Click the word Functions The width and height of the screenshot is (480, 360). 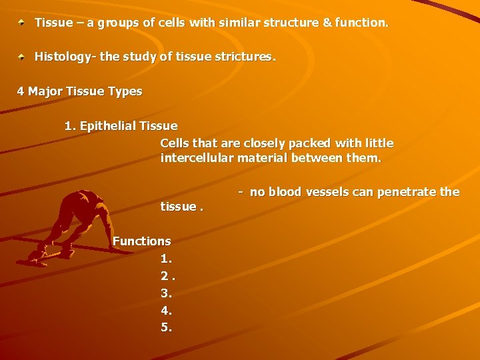142,241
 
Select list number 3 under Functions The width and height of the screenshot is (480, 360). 166,293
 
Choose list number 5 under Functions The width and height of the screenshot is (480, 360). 166,327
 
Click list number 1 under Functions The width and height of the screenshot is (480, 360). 166,258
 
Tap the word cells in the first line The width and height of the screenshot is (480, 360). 169,23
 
